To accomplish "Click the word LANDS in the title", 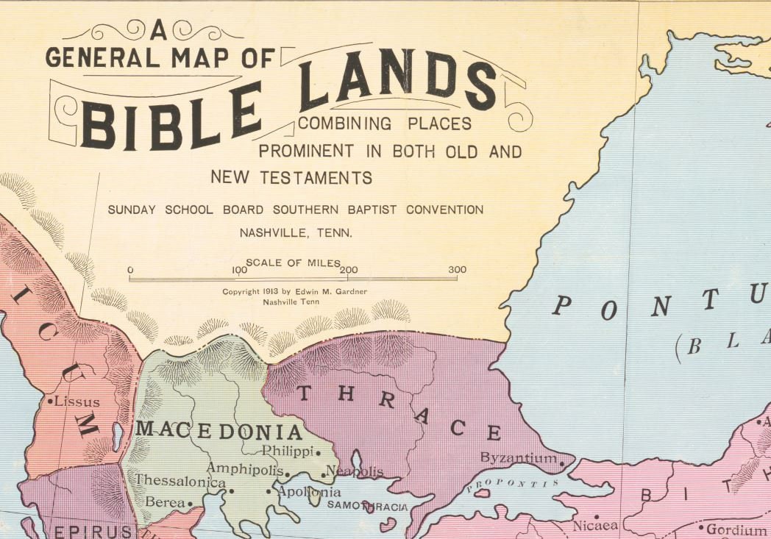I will click(x=397, y=81).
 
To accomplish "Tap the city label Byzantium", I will click(x=519, y=458).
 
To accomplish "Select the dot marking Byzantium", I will click(x=562, y=463).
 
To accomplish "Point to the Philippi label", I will click(x=288, y=451).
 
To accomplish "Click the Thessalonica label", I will click(x=180, y=482).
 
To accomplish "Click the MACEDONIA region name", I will click(x=220, y=431).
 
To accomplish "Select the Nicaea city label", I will click(x=595, y=526).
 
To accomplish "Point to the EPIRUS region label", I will click(x=92, y=531).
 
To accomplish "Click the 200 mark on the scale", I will click(x=349, y=270).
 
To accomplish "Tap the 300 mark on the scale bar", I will click(x=457, y=270).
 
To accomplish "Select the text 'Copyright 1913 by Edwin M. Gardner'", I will click(x=294, y=292).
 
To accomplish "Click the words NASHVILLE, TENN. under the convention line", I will click(x=296, y=232).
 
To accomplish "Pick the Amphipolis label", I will click(x=244, y=468).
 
